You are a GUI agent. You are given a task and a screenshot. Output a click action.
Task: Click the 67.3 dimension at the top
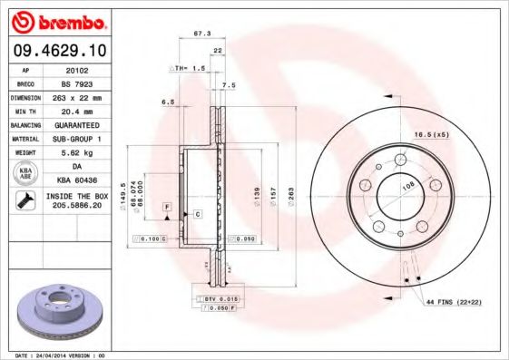[202, 34]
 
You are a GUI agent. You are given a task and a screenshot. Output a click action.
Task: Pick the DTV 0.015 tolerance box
[214, 298]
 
